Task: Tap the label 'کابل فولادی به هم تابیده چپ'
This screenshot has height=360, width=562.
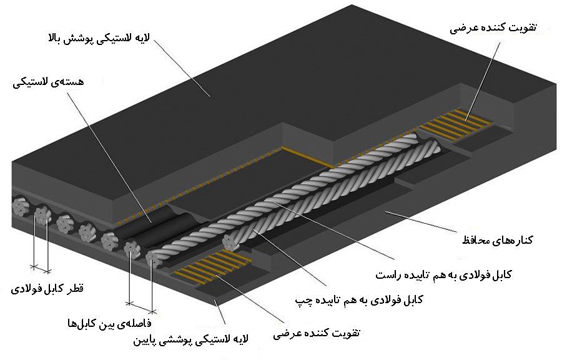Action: point(360,300)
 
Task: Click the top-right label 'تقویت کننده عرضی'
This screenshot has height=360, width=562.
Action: point(493,29)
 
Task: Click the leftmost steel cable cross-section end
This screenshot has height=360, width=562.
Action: point(19,206)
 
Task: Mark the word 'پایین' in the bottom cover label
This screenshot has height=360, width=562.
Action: point(149,340)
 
